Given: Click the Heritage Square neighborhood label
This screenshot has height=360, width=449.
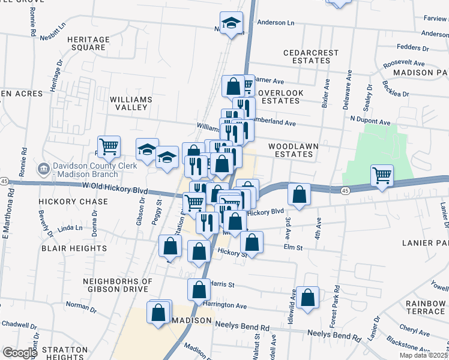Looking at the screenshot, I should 88,43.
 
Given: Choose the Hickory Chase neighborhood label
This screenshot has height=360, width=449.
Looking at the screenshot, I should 68,202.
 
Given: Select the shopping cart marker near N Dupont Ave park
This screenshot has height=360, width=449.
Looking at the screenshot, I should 382,175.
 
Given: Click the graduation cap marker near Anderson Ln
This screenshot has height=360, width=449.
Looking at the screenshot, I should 232,23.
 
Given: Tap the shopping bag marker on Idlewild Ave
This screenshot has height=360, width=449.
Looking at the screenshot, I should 307,298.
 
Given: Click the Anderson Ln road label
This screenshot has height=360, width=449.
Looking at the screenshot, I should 276,22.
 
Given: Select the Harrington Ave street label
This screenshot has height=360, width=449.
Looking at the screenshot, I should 225,305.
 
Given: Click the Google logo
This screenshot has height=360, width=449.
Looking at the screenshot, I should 20,352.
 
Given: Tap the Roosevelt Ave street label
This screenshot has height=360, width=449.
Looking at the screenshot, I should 404,63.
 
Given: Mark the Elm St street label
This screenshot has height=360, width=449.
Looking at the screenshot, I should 289,247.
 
